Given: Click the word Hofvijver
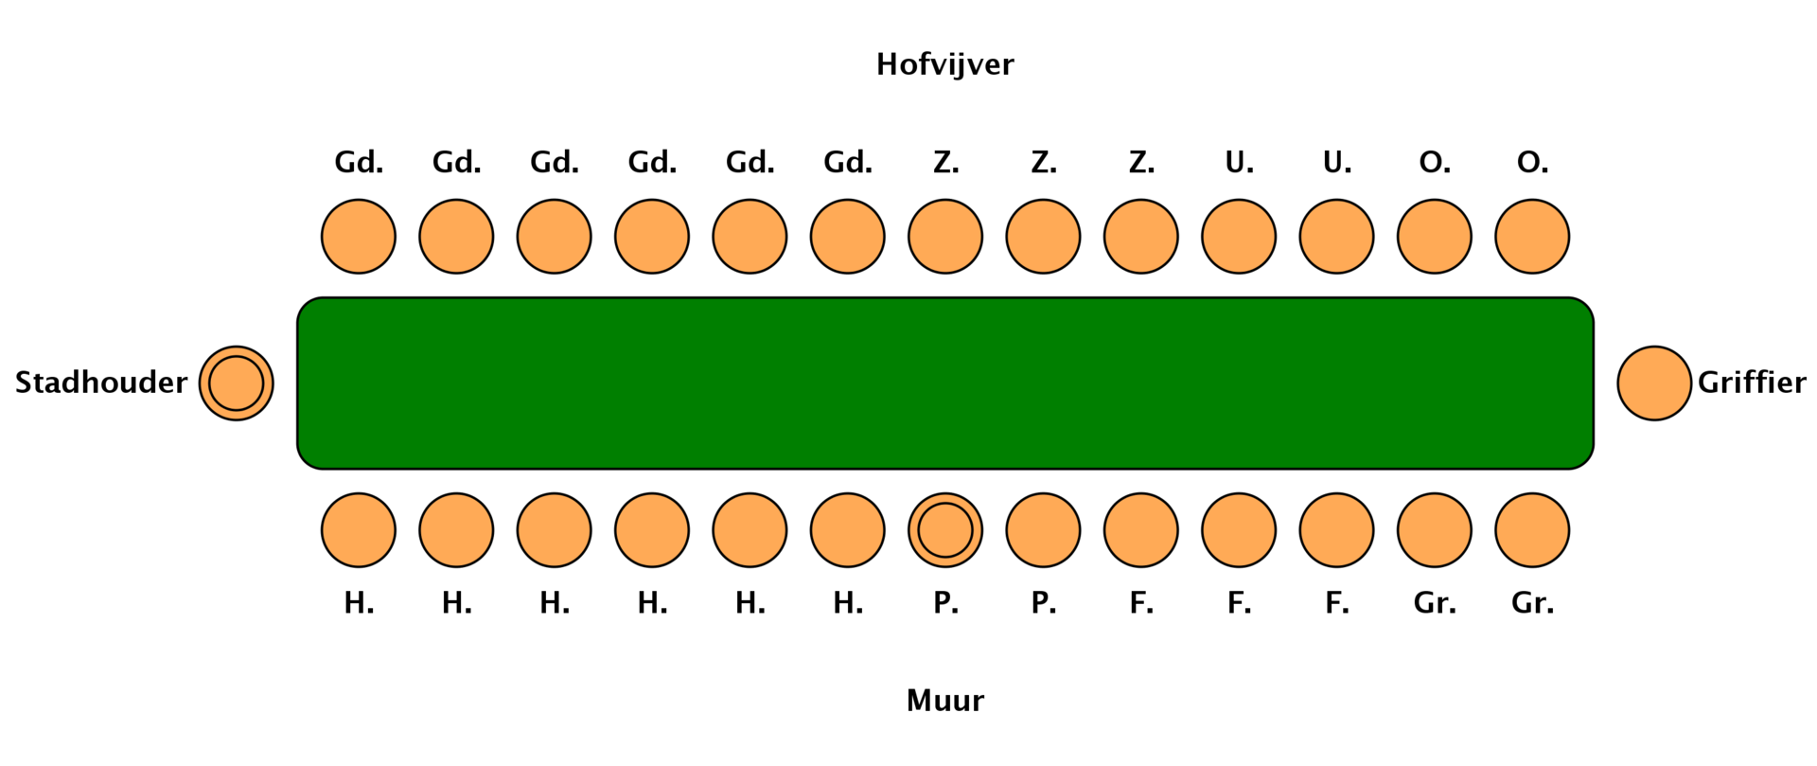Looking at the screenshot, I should (x=944, y=64).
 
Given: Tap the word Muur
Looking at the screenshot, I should (x=944, y=701).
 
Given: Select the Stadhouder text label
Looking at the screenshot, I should (x=101, y=383).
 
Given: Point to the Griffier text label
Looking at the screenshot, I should (x=1752, y=383).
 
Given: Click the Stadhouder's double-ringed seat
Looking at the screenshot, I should (x=237, y=383).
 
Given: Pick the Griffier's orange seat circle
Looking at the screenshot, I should (x=1654, y=383).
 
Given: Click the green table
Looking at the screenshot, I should (x=944, y=383).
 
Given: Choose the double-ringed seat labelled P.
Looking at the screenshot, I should (x=945, y=530).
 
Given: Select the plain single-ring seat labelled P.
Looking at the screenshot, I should (x=1043, y=530).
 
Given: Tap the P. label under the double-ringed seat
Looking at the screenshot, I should (x=945, y=603).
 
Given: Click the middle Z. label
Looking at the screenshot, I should (x=1043, y=163).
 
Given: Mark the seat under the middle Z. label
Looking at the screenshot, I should (x=1043, y=237).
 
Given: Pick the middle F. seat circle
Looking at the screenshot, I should (x=1239, y=530).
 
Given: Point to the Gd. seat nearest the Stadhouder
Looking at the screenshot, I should (x=359, y=237).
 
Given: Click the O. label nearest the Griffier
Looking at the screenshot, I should (x=1532, y=163).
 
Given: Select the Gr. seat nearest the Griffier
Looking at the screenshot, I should (x=1532, y=530).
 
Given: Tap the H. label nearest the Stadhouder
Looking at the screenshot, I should (x=359, y=603).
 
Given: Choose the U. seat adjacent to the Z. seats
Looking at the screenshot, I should (x=1239, y=237).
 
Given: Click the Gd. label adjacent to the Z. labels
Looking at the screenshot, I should (x=847, y=163).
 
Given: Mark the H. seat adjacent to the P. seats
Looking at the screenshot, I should (x=847, y=530).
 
